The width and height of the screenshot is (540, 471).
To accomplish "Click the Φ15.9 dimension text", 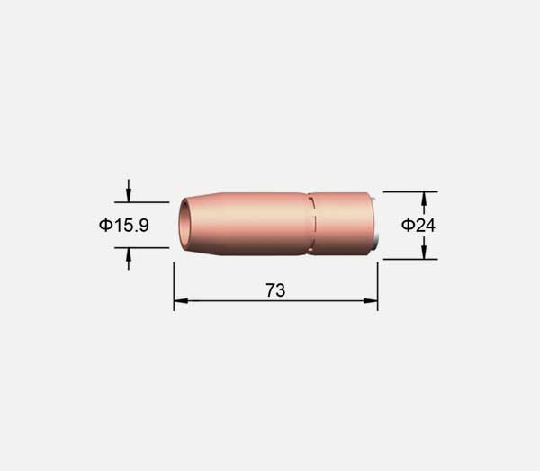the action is [124, 226].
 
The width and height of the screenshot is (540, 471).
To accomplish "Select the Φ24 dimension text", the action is [418, 226].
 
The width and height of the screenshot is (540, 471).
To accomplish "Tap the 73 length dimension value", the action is [275, 290].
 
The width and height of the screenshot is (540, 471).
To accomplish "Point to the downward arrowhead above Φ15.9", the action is [129, 195].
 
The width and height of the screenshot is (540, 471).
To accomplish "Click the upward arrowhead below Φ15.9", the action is [129, 254].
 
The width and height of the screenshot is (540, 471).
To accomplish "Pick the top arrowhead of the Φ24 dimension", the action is [424, 199].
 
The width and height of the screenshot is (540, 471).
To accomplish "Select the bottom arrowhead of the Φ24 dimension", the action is [424, 253].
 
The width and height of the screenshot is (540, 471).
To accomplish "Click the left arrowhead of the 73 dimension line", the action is [181, 301].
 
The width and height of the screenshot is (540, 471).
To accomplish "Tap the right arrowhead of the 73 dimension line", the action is [371, 301].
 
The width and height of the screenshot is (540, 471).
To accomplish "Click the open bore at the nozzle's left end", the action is [186, 225].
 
